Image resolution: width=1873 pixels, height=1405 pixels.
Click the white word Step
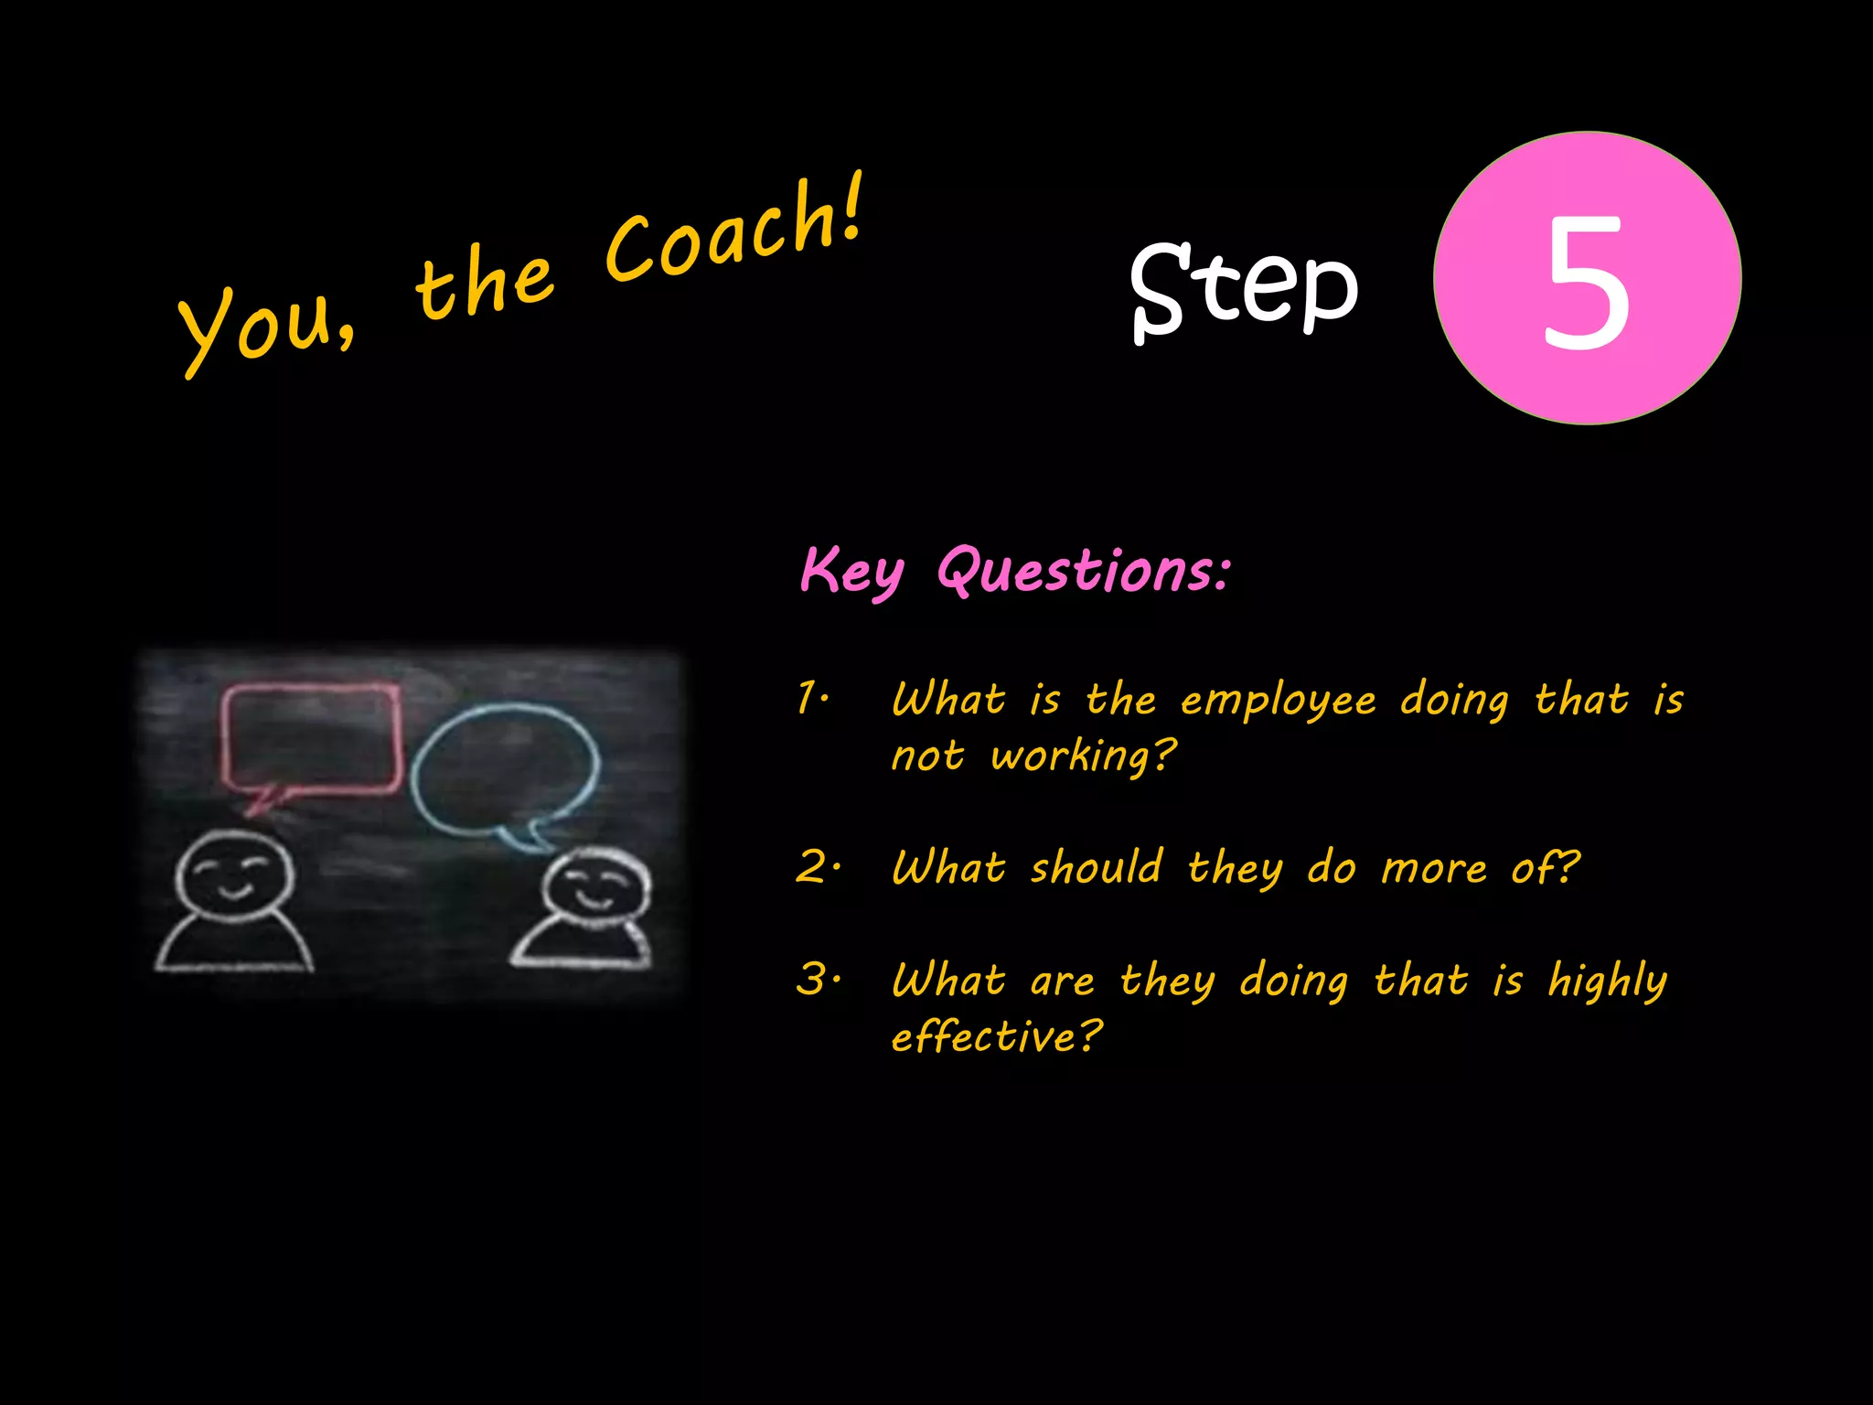pyautogui.click(x=1244, y=287)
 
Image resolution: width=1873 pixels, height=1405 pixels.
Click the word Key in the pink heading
pyautogui.click(x=851, y=572)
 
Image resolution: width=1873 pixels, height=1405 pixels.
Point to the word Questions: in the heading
pyautogui.click(x=1084, y=572)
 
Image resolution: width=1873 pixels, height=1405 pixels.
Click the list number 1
pyautogui.click(x=810, y=699)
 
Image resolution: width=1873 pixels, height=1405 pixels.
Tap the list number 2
pyautogui.click(x=814, y=867)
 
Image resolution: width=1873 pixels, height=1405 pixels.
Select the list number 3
pyautogui.click(x=814, y=980)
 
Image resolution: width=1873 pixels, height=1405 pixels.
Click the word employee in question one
pyautogui.click(x=1278, y=702)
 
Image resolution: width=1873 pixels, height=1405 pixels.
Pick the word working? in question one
pyautogui.click(x=1083, y=757)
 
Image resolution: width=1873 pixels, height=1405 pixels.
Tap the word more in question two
pyautogui.click(x=1434, y=869)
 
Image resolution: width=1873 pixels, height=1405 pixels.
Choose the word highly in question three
pyautogui.click(x=1607, y=981)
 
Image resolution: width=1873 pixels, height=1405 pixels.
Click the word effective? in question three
pyautogui.click(x=997, y=1036)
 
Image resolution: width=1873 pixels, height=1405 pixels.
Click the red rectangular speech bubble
pyautogui.click(x=312, y=737)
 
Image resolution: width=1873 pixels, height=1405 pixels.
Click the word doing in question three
pyautogui.click(x=1293, y=981)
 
